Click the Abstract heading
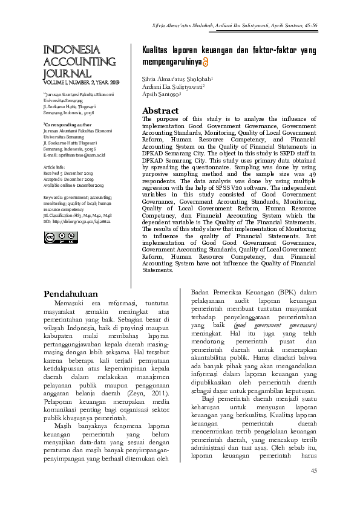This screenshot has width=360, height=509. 160,111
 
